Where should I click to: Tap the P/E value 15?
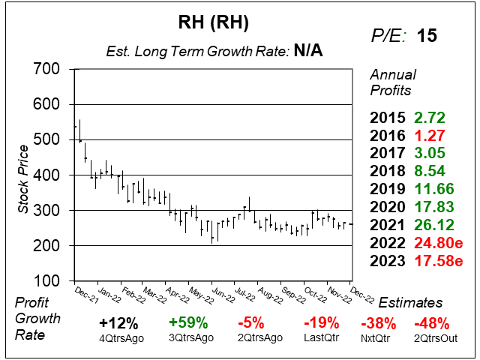427,35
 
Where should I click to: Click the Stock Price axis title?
24,175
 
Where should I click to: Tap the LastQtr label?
321,338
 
